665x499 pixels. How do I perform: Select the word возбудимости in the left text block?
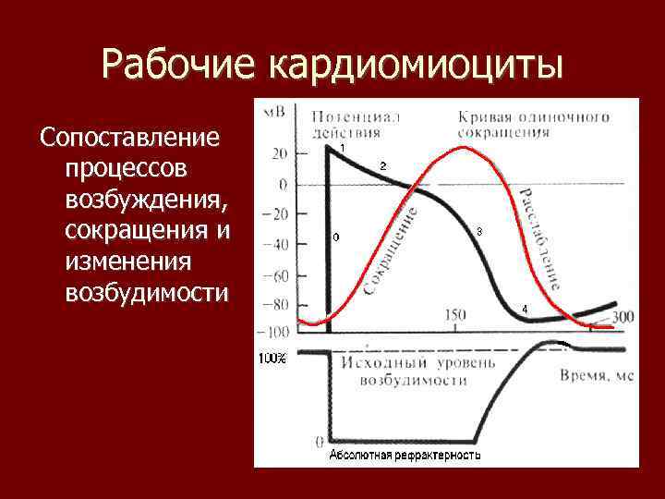[146, 293]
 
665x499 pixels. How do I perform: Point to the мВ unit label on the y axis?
[274, 112]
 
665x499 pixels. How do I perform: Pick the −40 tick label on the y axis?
[274, 245]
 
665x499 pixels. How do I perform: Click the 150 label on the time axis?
[454, 316]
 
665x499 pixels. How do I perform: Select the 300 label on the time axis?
[623, 317]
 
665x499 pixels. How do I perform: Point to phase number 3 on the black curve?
[478, 231]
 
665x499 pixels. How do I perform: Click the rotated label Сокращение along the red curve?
[391, 251]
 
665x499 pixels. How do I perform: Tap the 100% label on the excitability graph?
[272, 359]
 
